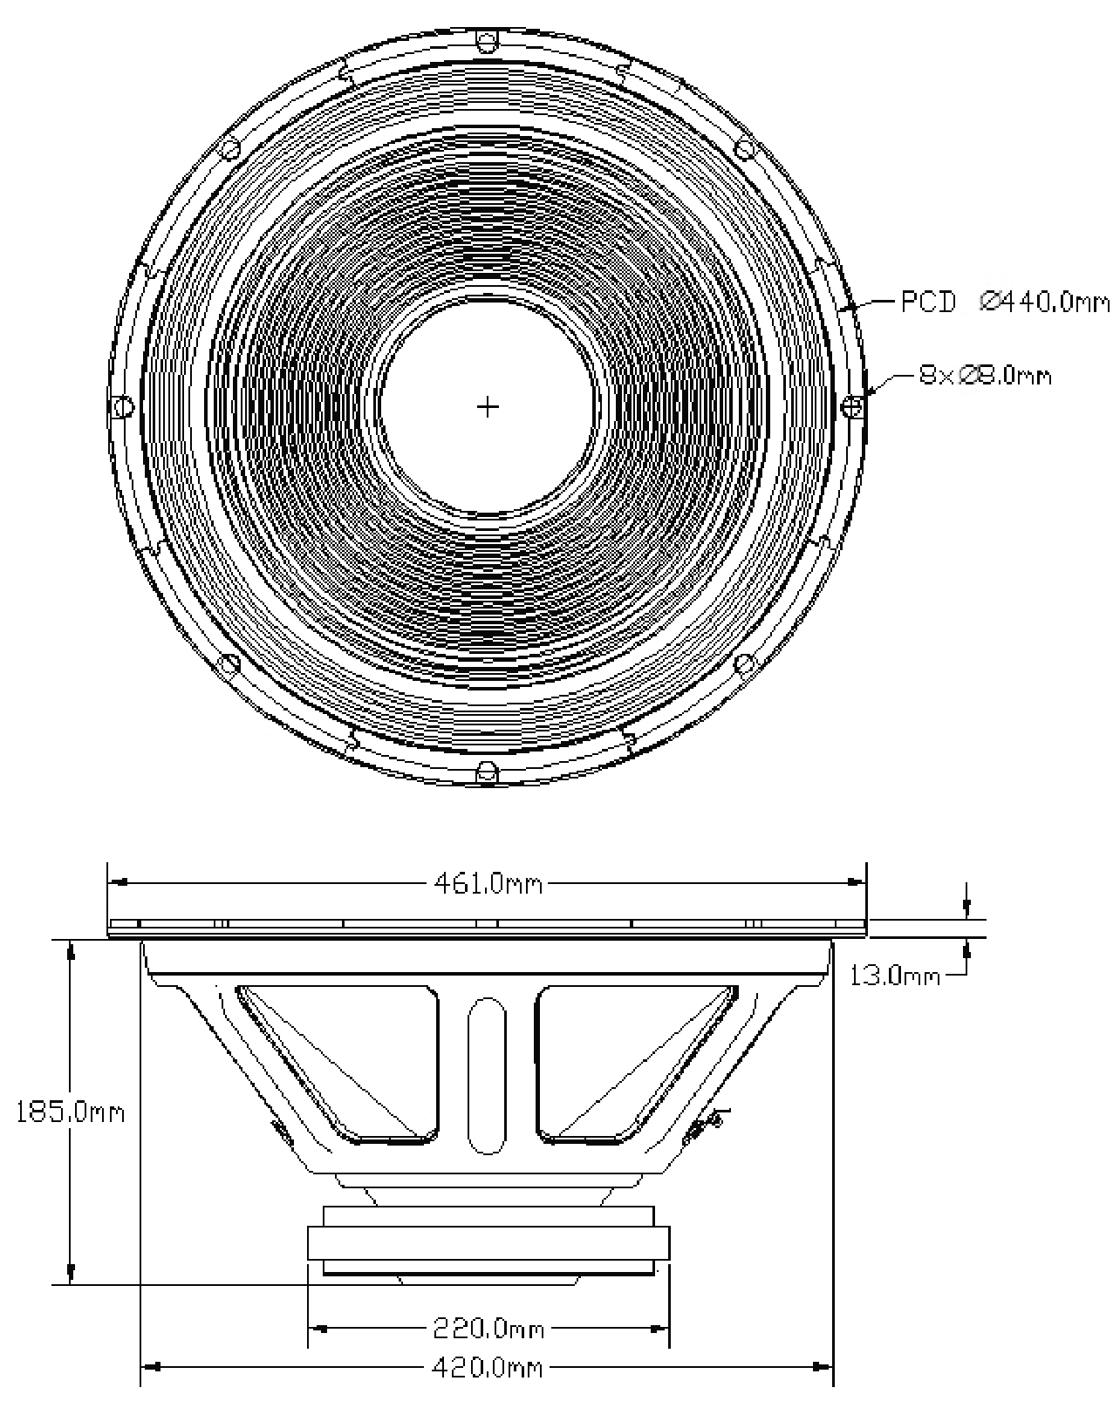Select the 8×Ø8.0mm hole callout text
pyautogui.click(x=985, y=376)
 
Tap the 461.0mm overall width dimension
pyautogui.click(x=488, y=884)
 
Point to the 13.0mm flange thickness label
pyautogui.click(x=895, y=975)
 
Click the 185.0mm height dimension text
pyautogui.click(x=71, y=1113)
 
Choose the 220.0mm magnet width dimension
pyautogui.click(x=488, y=1329)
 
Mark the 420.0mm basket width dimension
pyautogui.click(x=488, y=1368)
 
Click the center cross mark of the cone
pyautogui.click(x=488, y=406)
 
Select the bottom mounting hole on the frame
pyautogui.click(x=487, y=772)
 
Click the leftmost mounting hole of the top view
pyautogui.click(x=123, y=406)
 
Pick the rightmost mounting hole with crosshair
pyautogui.click(x=854, y=405)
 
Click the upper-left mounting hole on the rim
pyautogui.click(x=231, y=148)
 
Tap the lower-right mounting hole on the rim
pyautogui.click(x=744, y=664)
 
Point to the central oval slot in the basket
pyautogui.click(x=488, y=1076)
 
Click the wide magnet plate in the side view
pyautogui.click(x=488, y=1242)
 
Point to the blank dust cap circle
pyautogui.click(x=488, y=406)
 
